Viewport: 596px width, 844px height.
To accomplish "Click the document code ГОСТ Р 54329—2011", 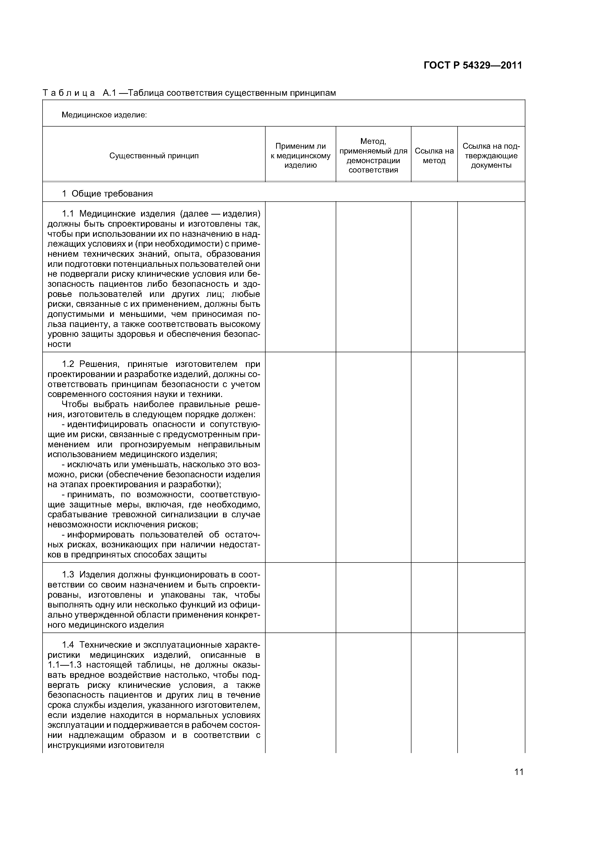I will pyautogui.click(x=473, y=65).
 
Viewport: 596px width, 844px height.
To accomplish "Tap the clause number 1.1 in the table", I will pyautogui.click(x=68, y=214).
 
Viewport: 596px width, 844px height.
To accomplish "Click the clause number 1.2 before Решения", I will pyautogui.click(x=68, y=364).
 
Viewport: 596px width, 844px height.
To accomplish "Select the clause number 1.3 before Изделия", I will pyautogui.click(x=68, y=574).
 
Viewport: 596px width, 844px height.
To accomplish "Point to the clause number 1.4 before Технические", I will pyautogui.click(x=68, y=645).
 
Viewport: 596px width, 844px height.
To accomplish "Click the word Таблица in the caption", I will pyautogui.click(x=69, y=93).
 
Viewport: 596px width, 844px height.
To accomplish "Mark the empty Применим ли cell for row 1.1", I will pyautogui.click(x=300, y=276).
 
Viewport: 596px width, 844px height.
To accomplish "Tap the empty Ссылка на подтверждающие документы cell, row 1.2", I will pyautogui.click(x=491, y=457).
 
